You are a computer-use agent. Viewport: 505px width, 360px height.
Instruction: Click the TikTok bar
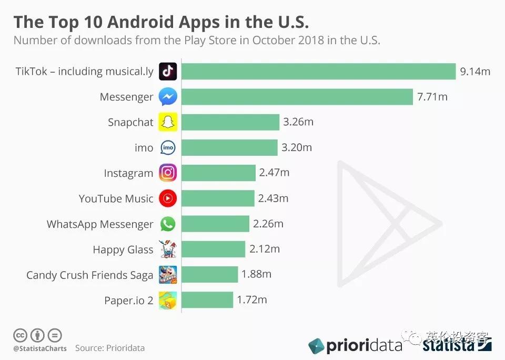click(x=319, y=72)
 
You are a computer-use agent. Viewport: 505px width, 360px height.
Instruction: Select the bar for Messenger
click(x=297, y=97)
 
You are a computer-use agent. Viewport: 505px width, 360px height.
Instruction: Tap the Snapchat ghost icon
click(x=168, y=122)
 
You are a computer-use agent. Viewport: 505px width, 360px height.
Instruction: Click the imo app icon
click(x=168, y=148)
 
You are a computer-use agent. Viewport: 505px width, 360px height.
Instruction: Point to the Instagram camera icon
click(x=168, y=173)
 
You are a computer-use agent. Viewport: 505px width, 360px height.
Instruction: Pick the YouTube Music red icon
click(x=168, y=198)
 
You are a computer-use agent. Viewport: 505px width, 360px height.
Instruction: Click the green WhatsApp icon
click(x=168, y=224)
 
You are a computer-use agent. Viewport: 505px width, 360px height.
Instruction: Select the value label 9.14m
click(x=475, y=72)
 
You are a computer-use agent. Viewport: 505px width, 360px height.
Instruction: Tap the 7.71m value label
click(x=432, y=97)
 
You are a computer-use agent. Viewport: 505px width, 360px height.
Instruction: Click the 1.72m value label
click(x=252, y=300)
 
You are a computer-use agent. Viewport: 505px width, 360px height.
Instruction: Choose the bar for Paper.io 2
click(x=208, y=300)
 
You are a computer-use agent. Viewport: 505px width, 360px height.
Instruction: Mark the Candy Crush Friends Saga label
click(x=89, y=275)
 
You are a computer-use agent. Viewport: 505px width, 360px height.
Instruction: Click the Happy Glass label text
click(x=123, y=249)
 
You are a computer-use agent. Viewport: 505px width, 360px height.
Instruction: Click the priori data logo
click(x=355, y=345)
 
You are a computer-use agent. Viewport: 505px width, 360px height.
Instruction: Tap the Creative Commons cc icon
click(x=20, y=335)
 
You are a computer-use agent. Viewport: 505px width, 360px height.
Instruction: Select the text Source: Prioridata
click(x=109, y=348)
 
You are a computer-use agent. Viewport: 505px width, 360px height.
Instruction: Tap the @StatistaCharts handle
click(x=40, y=348)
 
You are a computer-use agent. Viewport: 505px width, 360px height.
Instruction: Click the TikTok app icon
click(x=168, y=72)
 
